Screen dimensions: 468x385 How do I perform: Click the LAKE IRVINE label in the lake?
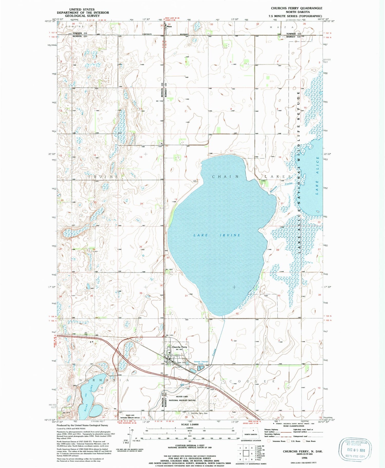[x=217, y=235]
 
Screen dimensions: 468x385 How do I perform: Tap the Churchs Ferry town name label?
[x=179, y=347]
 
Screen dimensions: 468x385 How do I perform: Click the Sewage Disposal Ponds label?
[x=201, y=362]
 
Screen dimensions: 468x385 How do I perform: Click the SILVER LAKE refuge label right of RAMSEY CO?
[x=182, y=397]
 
